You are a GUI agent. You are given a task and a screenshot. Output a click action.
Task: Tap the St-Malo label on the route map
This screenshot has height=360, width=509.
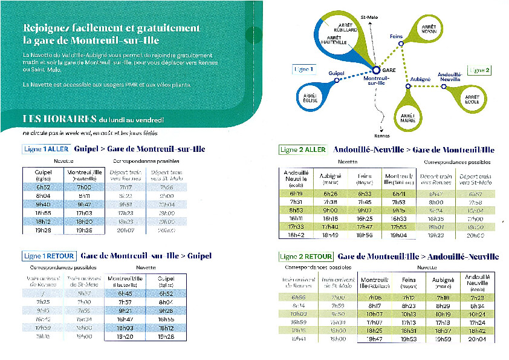tap(368, 16)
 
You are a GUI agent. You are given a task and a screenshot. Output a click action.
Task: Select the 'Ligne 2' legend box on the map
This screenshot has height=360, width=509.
tap(479, 70)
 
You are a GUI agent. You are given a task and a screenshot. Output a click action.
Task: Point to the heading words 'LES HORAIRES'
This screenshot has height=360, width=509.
tap(59, 119)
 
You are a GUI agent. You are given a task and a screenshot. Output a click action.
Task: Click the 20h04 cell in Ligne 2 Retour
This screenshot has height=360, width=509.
tap(477, 339)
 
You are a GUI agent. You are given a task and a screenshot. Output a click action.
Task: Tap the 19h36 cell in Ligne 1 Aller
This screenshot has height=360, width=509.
tap(85, 230)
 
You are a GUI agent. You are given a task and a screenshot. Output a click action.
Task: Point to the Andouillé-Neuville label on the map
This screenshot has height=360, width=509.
tap(449, 77)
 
